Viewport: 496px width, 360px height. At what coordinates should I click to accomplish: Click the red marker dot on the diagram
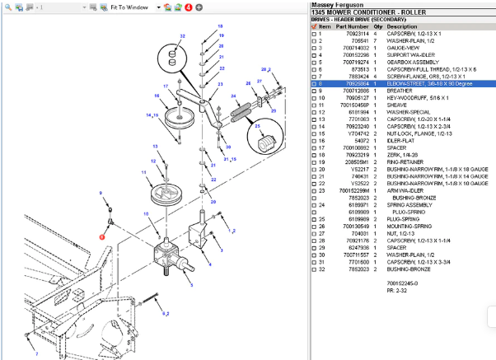click(x=102, y=236)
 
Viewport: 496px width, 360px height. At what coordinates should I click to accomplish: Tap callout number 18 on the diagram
click(x=220, y=26)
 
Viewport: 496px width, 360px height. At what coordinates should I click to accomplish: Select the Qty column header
click(x=377, y=26)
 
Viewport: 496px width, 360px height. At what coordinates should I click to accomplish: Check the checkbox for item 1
click(x=313, y=34)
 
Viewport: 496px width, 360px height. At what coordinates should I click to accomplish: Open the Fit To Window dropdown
click(x=158, y=7)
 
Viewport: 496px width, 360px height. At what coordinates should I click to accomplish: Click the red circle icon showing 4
click(x=188, y=7)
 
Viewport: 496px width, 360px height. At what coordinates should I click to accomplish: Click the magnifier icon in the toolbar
click(x=93, y=7)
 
